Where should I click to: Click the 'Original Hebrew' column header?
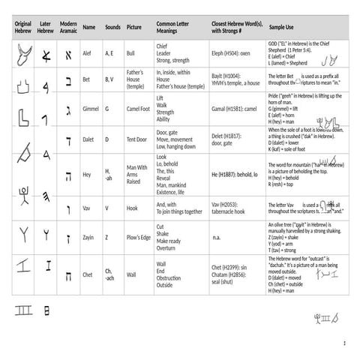(22, 27)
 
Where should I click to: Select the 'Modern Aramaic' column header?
(68, 27)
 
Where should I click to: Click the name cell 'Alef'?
(88, 54)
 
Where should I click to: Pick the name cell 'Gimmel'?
(91, 109)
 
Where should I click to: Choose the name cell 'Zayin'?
(89, 238)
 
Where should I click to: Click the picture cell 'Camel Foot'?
(138, 109)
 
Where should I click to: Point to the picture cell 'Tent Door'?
(136, 139)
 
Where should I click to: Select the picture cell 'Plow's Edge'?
(139, 238)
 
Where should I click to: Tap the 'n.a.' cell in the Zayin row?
(217, 238)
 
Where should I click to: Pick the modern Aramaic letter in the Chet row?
(68, 274)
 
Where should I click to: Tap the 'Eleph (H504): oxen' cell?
(231, 54)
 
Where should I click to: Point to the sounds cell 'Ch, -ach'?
(109, 274)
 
